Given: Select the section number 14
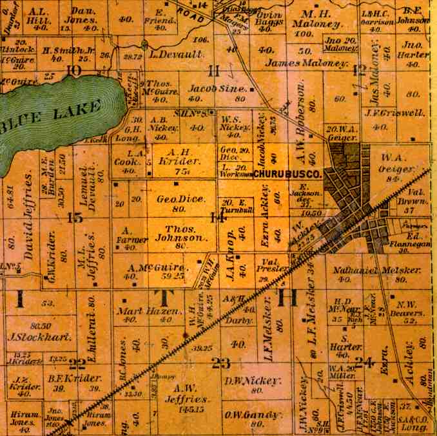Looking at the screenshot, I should coord(218,218).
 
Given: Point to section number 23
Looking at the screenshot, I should coord(220,363).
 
